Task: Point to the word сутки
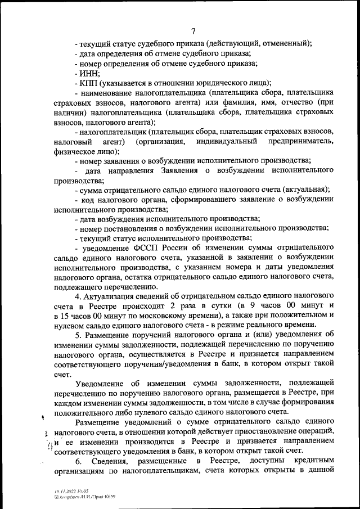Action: [213, 307]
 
